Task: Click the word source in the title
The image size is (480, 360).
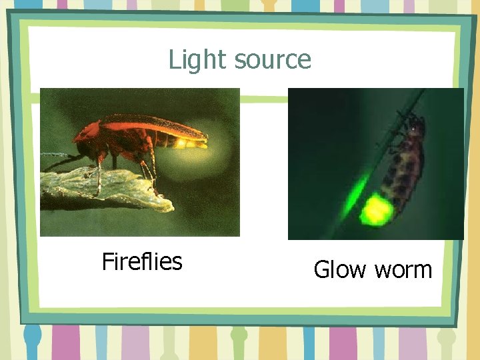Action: (x=273, y=61)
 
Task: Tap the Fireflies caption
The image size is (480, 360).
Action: (x=141, y=261)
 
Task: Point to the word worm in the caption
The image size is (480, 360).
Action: (x=403, y=271)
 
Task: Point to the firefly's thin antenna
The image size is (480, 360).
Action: (x=57, y=155)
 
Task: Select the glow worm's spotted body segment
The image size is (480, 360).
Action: (x=403, y=167)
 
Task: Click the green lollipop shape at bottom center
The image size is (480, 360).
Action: (x=239, y=337)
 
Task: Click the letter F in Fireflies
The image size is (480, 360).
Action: (x=107, y=261)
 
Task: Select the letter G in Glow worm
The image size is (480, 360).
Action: (x=321, y=270)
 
